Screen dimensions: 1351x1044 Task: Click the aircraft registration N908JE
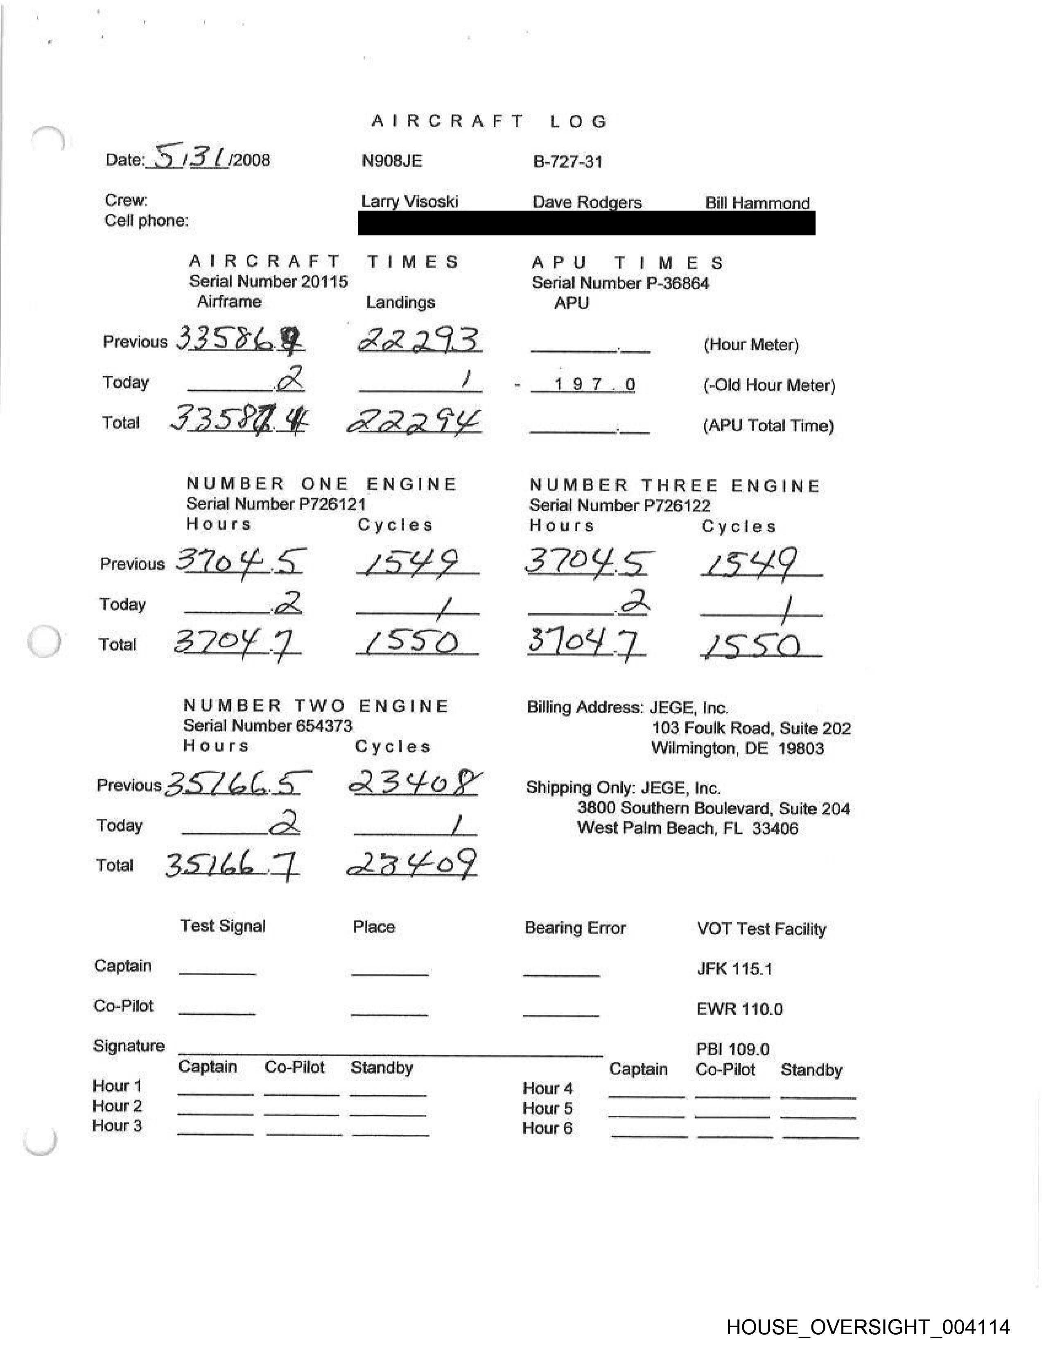click(x=391, y=161)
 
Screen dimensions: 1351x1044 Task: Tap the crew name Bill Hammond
click(x=757, y=203)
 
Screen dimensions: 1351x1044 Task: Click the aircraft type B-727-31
click(x=567, y=162)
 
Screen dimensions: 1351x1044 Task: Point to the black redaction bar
click(x=586, y=223)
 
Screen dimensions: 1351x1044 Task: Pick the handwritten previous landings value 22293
click(x=419, y=340)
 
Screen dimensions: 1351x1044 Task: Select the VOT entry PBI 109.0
click(x=732, y=1049)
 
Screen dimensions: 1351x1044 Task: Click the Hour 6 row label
click(x=547, y=1128)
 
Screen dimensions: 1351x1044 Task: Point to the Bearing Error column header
click(x=574, y=928)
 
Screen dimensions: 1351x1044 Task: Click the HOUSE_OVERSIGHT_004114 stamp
click(x=868, y=1326)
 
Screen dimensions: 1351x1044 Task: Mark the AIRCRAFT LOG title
click(x=489, y=121)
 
